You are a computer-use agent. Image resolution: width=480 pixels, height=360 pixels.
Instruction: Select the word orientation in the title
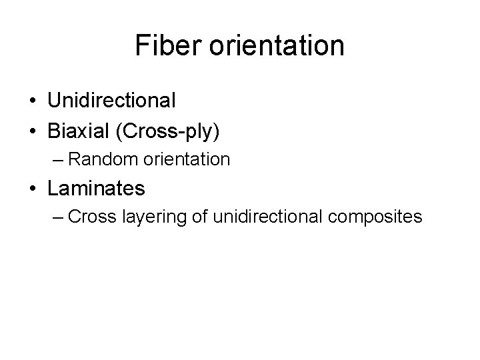click(x=278, y=46)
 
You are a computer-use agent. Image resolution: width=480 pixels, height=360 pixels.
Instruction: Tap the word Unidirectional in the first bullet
click(x=111, y=101)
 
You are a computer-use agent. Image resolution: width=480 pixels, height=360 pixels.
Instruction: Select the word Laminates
click(x=96, y=188)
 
